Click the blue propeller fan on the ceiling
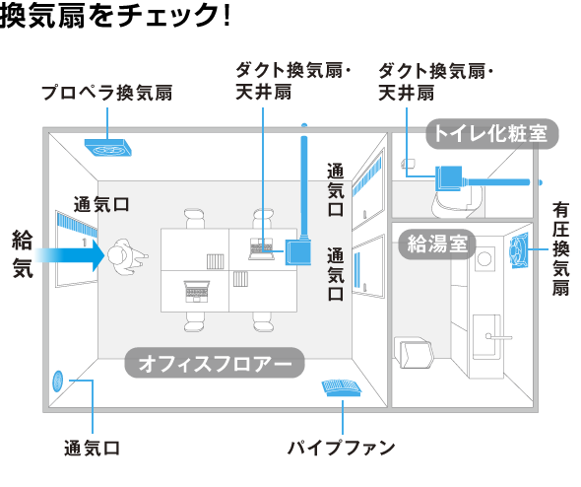click(x=107, y=148)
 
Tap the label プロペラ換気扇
click(x=107, y=93)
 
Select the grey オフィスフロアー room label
click(x=215, y=363)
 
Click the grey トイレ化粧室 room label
click(x=491, y=133)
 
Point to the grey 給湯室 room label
click(x=437, y=244)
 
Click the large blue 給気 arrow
click(x=70, y=255)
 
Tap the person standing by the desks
click(x=126, y=256)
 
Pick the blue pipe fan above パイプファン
click(x=342, y=387)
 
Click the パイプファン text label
click(x=342, y=448)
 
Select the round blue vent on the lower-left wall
click(x=58, y=381)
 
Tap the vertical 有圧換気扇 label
click(x=560, y=248)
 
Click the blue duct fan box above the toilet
click(x=449, y=178)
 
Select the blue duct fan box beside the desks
click(x=298, y=252)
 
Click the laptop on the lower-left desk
click(x=197, y=291)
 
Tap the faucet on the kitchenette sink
click(x=498, y=336)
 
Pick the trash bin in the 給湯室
click(x=414, y=352)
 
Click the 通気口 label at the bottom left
click(x=92, y=448)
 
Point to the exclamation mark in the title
click(x=226, y=16)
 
